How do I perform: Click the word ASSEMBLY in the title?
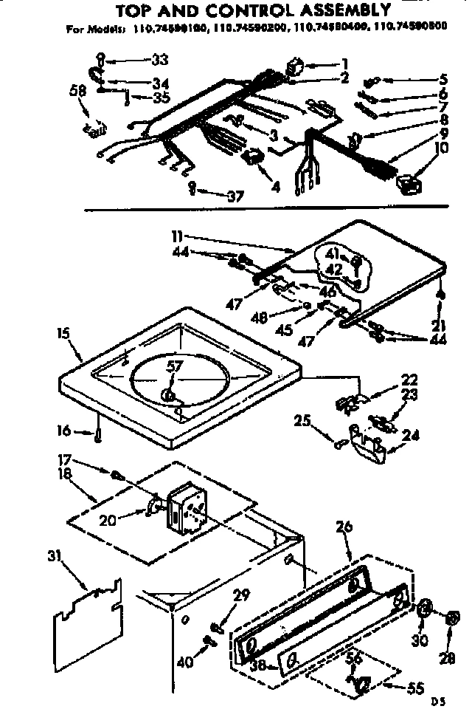[x=333, y=10]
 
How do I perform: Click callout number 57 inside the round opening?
[x=173, y=367]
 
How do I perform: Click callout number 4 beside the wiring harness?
[x=275, y=187]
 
